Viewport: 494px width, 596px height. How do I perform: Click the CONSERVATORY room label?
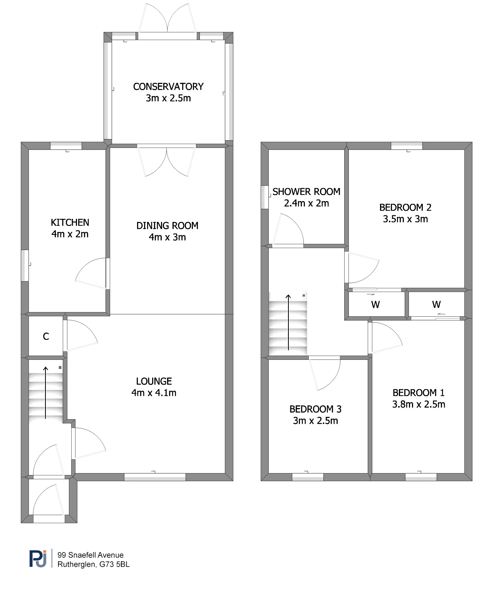(168, 86)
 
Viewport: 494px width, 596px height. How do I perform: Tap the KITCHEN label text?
(70, 222)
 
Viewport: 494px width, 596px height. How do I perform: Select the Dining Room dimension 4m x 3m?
(167, 237)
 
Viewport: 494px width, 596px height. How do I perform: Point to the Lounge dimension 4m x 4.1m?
(154, 393)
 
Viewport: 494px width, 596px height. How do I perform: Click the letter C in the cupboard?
(46, 337)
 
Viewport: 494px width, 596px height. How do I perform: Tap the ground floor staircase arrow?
(45, 393)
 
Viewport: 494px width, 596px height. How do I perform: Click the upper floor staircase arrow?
(288, 322)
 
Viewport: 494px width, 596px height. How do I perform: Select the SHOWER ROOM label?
(306, 191)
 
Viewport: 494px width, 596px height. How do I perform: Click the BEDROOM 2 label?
(405, 208)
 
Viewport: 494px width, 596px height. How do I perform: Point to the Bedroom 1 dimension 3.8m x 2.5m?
(419, 405)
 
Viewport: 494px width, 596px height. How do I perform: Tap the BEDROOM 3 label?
(315, 409)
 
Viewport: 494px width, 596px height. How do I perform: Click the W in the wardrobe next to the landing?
(375, 305)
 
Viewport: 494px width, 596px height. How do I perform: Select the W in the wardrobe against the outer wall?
(436, 305)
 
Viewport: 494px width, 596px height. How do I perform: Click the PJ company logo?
(38, 559)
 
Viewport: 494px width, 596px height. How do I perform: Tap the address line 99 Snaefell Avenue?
(91, 555)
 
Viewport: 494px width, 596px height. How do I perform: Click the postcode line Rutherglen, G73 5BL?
(94, 564)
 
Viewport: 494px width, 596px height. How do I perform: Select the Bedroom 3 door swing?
(334, 379)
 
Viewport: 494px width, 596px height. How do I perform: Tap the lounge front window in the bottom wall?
(155, 477)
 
